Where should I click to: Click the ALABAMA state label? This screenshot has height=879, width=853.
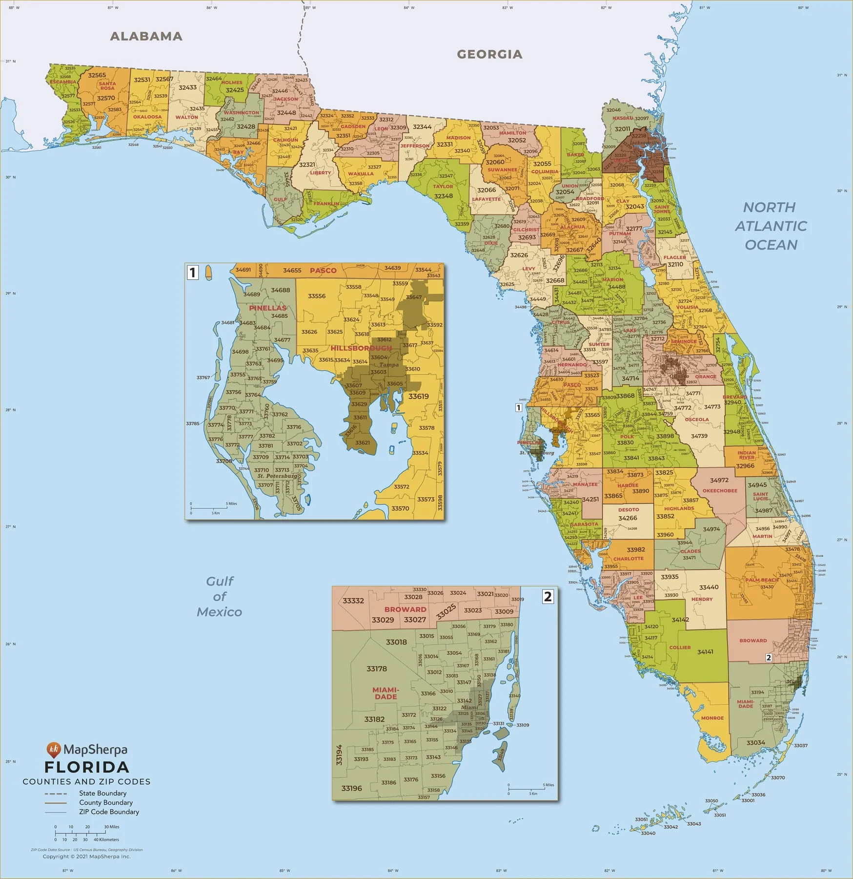tap(146, 36)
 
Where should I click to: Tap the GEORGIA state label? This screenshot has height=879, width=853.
tap(489, 54)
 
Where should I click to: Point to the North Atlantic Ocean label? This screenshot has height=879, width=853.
tap(771, 226)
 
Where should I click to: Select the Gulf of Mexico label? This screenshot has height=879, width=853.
tap(220, 596)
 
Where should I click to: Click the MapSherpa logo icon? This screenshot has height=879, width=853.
tap(53, 750)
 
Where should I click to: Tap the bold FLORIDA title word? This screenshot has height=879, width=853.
tap(87, 767)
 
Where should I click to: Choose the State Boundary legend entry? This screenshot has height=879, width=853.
tap(102, 793)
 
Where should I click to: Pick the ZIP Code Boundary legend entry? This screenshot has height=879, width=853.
tap(109, 812)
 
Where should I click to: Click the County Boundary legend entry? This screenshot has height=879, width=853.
tap(106, 802)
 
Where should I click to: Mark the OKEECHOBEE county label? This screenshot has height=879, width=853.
tap(720, 491)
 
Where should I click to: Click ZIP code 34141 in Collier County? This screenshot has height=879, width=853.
tap(705, 652)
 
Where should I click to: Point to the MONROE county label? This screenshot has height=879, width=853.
tap(712, 718)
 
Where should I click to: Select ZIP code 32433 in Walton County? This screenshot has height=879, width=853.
tap(187, 87)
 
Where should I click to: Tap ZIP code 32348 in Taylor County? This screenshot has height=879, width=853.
tap(444, 196)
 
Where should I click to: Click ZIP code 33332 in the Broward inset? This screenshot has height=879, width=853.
tap(353, 601)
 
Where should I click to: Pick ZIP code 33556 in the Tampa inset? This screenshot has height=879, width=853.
tap(317, 296)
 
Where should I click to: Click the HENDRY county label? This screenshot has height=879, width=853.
tap(702, 599)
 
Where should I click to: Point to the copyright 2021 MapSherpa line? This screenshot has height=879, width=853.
tap(86, 857)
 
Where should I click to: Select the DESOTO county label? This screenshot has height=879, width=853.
tap(629, 509)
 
